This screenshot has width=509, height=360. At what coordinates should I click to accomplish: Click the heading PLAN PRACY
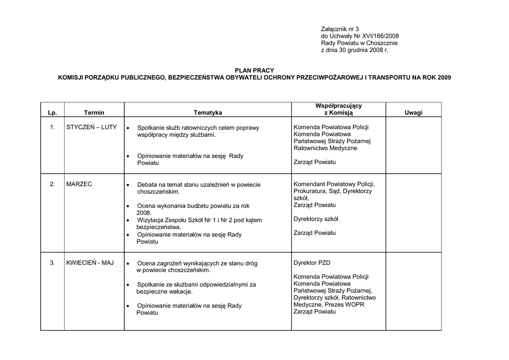click(254, 71)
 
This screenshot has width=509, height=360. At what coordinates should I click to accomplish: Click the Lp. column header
click(52, 113)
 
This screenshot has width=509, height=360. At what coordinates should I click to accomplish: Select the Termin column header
click(94, 113)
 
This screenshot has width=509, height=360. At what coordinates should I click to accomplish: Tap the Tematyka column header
click(208, 113)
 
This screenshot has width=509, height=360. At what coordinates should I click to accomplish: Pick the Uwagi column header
click(413, 113)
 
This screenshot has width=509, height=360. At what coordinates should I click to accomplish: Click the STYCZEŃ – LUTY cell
click(91, 127)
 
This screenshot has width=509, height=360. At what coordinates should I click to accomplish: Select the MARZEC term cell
click(79, 184)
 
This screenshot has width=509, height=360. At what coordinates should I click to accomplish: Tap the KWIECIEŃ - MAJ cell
click(90, 263)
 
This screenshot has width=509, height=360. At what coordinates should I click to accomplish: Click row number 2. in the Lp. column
click(52, 184)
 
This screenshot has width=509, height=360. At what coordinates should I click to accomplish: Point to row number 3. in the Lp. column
click(52, 263)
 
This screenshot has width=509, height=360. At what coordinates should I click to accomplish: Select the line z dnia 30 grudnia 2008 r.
click(354, 50)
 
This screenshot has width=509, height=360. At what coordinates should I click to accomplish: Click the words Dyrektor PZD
click(312, 263)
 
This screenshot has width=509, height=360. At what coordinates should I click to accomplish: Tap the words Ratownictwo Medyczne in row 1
click(325, 148)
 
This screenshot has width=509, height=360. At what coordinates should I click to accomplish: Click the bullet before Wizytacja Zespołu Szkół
click(128, 220)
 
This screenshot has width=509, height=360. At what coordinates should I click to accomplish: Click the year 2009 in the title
click(444, 78)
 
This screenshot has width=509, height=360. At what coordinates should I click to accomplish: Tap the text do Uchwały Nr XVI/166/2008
click(360, 36)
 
